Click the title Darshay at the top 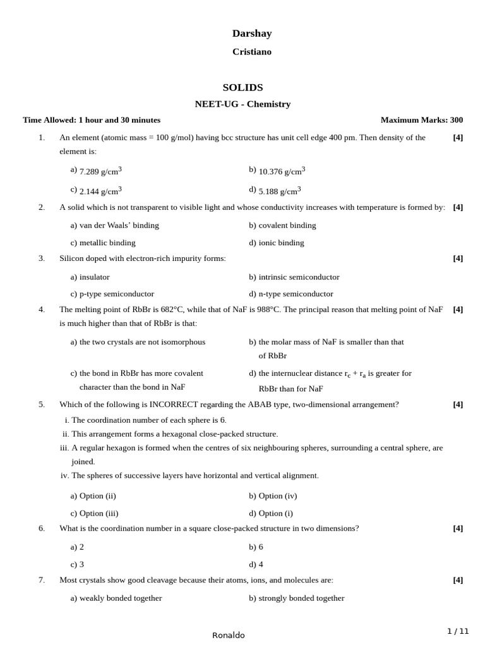(x=251, y=33)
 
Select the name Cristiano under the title (x=251, y=52)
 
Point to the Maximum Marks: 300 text (x=421, y=120)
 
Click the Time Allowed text (x=92, y=120)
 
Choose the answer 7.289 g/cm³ (x=100, y=171)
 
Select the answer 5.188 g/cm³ (x=280, y=191)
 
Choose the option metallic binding (x=107, y=243)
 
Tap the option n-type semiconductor (x=296, y=294)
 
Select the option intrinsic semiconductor (x=299, y=277)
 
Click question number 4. (x=42, y=310)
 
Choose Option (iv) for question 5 (x=278, y=496)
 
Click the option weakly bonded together (x=121, y=598)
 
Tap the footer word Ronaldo (x=229, y=635)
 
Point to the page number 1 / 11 (x=458, y=631)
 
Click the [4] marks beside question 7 (x=458, y=580)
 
